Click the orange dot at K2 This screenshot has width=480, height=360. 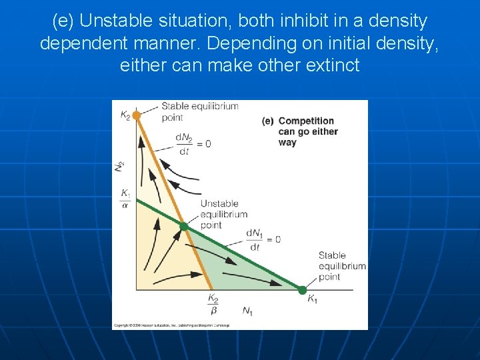pos(136,115)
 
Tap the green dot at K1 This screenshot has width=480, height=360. pos(302,290)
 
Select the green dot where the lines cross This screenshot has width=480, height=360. pos(183,227)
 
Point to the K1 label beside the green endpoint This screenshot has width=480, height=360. pos(312,300)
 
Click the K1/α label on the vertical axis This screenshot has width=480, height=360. pos(125,199)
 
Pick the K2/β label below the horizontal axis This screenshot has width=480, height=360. pos(213,305)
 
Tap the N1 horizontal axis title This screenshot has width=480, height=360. pos(247,311)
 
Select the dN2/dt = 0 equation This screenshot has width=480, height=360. pos(193,143)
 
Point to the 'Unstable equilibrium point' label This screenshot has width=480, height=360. pos(223,214)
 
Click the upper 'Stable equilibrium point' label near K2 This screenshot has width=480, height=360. pos(199,112)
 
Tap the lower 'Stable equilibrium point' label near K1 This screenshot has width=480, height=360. pos(341,266)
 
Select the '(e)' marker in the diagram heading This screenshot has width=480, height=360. pos(268,121)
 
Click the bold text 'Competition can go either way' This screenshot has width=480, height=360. pos(307,131)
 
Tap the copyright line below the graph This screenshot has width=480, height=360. pos(171,325)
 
